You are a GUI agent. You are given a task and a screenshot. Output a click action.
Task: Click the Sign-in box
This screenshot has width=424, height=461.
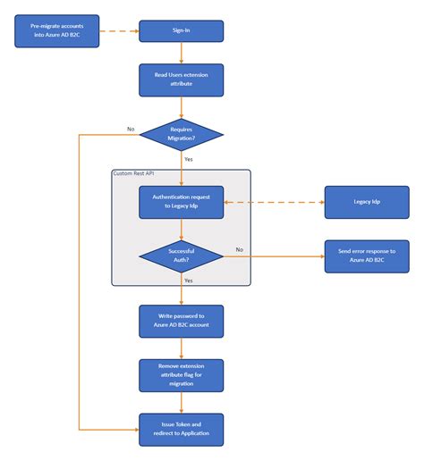pyautogui.click(x=181, y=31)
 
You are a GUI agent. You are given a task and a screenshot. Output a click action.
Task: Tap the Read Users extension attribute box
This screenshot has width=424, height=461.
pyautogui.click(x=181, y=80)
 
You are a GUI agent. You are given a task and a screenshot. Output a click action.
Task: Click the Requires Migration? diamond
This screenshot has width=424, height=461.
pyautogui.click(x=181, y=134)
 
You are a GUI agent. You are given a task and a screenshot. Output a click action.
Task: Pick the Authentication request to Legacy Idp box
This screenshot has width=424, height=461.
pyautogui.click(x=181, y=202)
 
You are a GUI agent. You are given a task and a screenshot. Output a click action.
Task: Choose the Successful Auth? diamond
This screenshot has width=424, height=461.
pyautogui.click(x=181, y=256)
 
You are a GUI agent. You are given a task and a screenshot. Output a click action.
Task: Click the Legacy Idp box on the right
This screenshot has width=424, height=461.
pyautogui.click(x=367, y=202)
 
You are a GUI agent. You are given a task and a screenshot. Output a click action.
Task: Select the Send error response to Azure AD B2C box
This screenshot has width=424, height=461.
pyautogui.click(x=367, y=256)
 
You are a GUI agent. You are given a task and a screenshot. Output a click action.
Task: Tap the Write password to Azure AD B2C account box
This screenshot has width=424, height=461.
pyautogui.click(x=181, y=321)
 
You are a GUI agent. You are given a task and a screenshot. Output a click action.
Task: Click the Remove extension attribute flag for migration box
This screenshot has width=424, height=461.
pyautogui.click(x=181, y=375)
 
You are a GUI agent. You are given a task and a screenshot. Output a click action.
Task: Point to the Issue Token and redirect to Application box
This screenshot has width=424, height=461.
pyautogui.click(x=181, y=429)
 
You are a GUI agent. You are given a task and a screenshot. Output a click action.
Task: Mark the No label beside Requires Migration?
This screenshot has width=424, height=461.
pyautogui.click(x=131, y=129)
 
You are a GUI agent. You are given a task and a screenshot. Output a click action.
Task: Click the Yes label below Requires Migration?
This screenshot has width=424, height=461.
pyautogui.click(x=189, y=159)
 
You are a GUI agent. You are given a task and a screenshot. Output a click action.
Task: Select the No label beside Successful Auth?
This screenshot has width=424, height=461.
pyautogui.click(x=239, y=249)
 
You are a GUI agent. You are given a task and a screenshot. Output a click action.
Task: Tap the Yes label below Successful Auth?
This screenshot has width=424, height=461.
pyautogui.click(x=189, y=281)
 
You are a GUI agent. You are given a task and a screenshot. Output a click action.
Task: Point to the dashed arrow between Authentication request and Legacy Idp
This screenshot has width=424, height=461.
pyautogui.click(x=273, y=202)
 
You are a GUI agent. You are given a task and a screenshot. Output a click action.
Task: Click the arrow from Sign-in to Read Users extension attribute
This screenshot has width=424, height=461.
pyautogui.click(x=181, y=53)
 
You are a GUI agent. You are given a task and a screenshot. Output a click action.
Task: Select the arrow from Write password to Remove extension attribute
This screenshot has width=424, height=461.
pyautogui.click(x=181, y=348)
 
